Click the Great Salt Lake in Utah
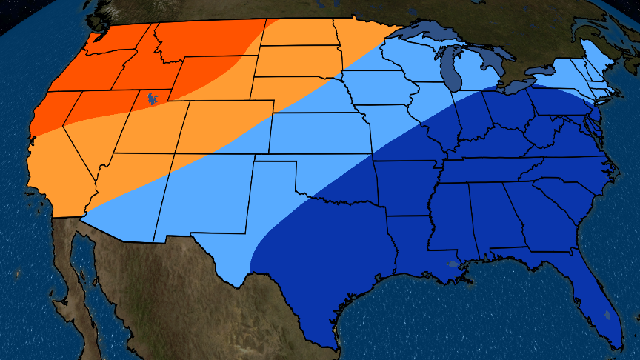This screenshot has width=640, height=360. pos(152,98)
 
